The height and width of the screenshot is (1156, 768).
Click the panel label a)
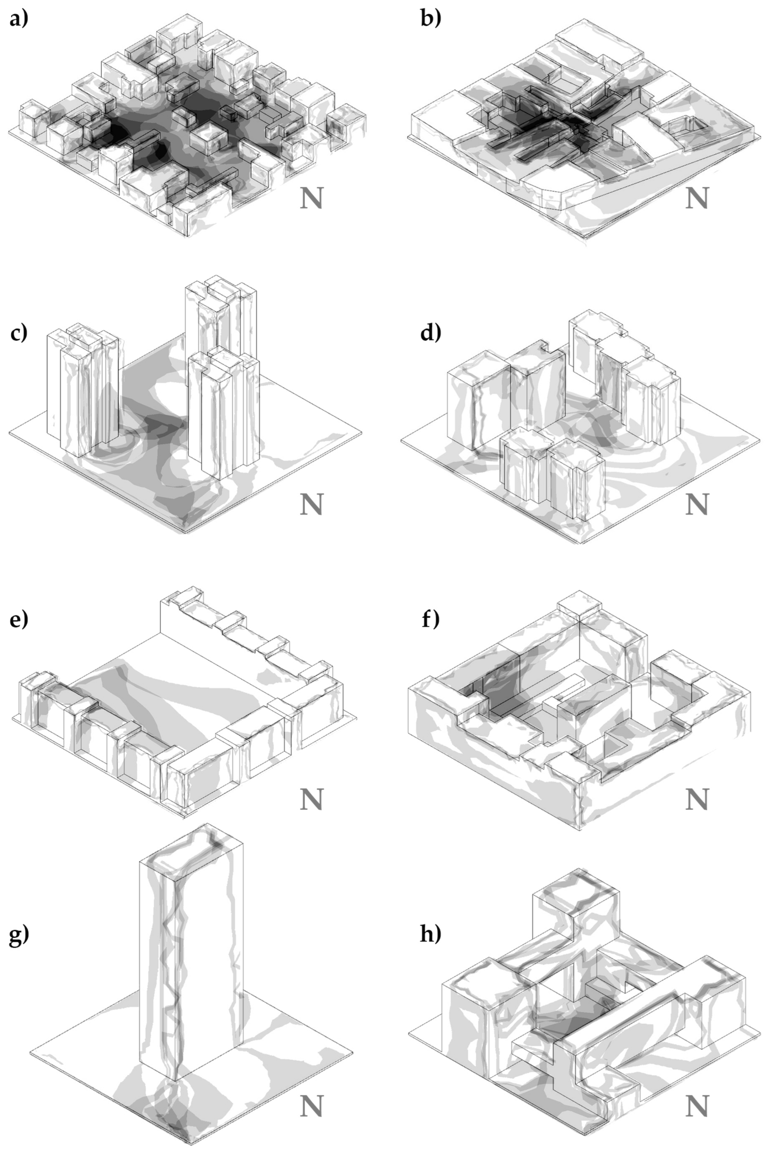tap(19, 19)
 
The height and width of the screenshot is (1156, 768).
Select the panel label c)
tap(19, 333)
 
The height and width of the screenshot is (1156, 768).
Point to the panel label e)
tap(19, 619)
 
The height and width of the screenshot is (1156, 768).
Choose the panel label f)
tap(430, 619)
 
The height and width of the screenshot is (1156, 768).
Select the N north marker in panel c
tap(312, 504)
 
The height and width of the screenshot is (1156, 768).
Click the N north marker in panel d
tap(697, 504)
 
